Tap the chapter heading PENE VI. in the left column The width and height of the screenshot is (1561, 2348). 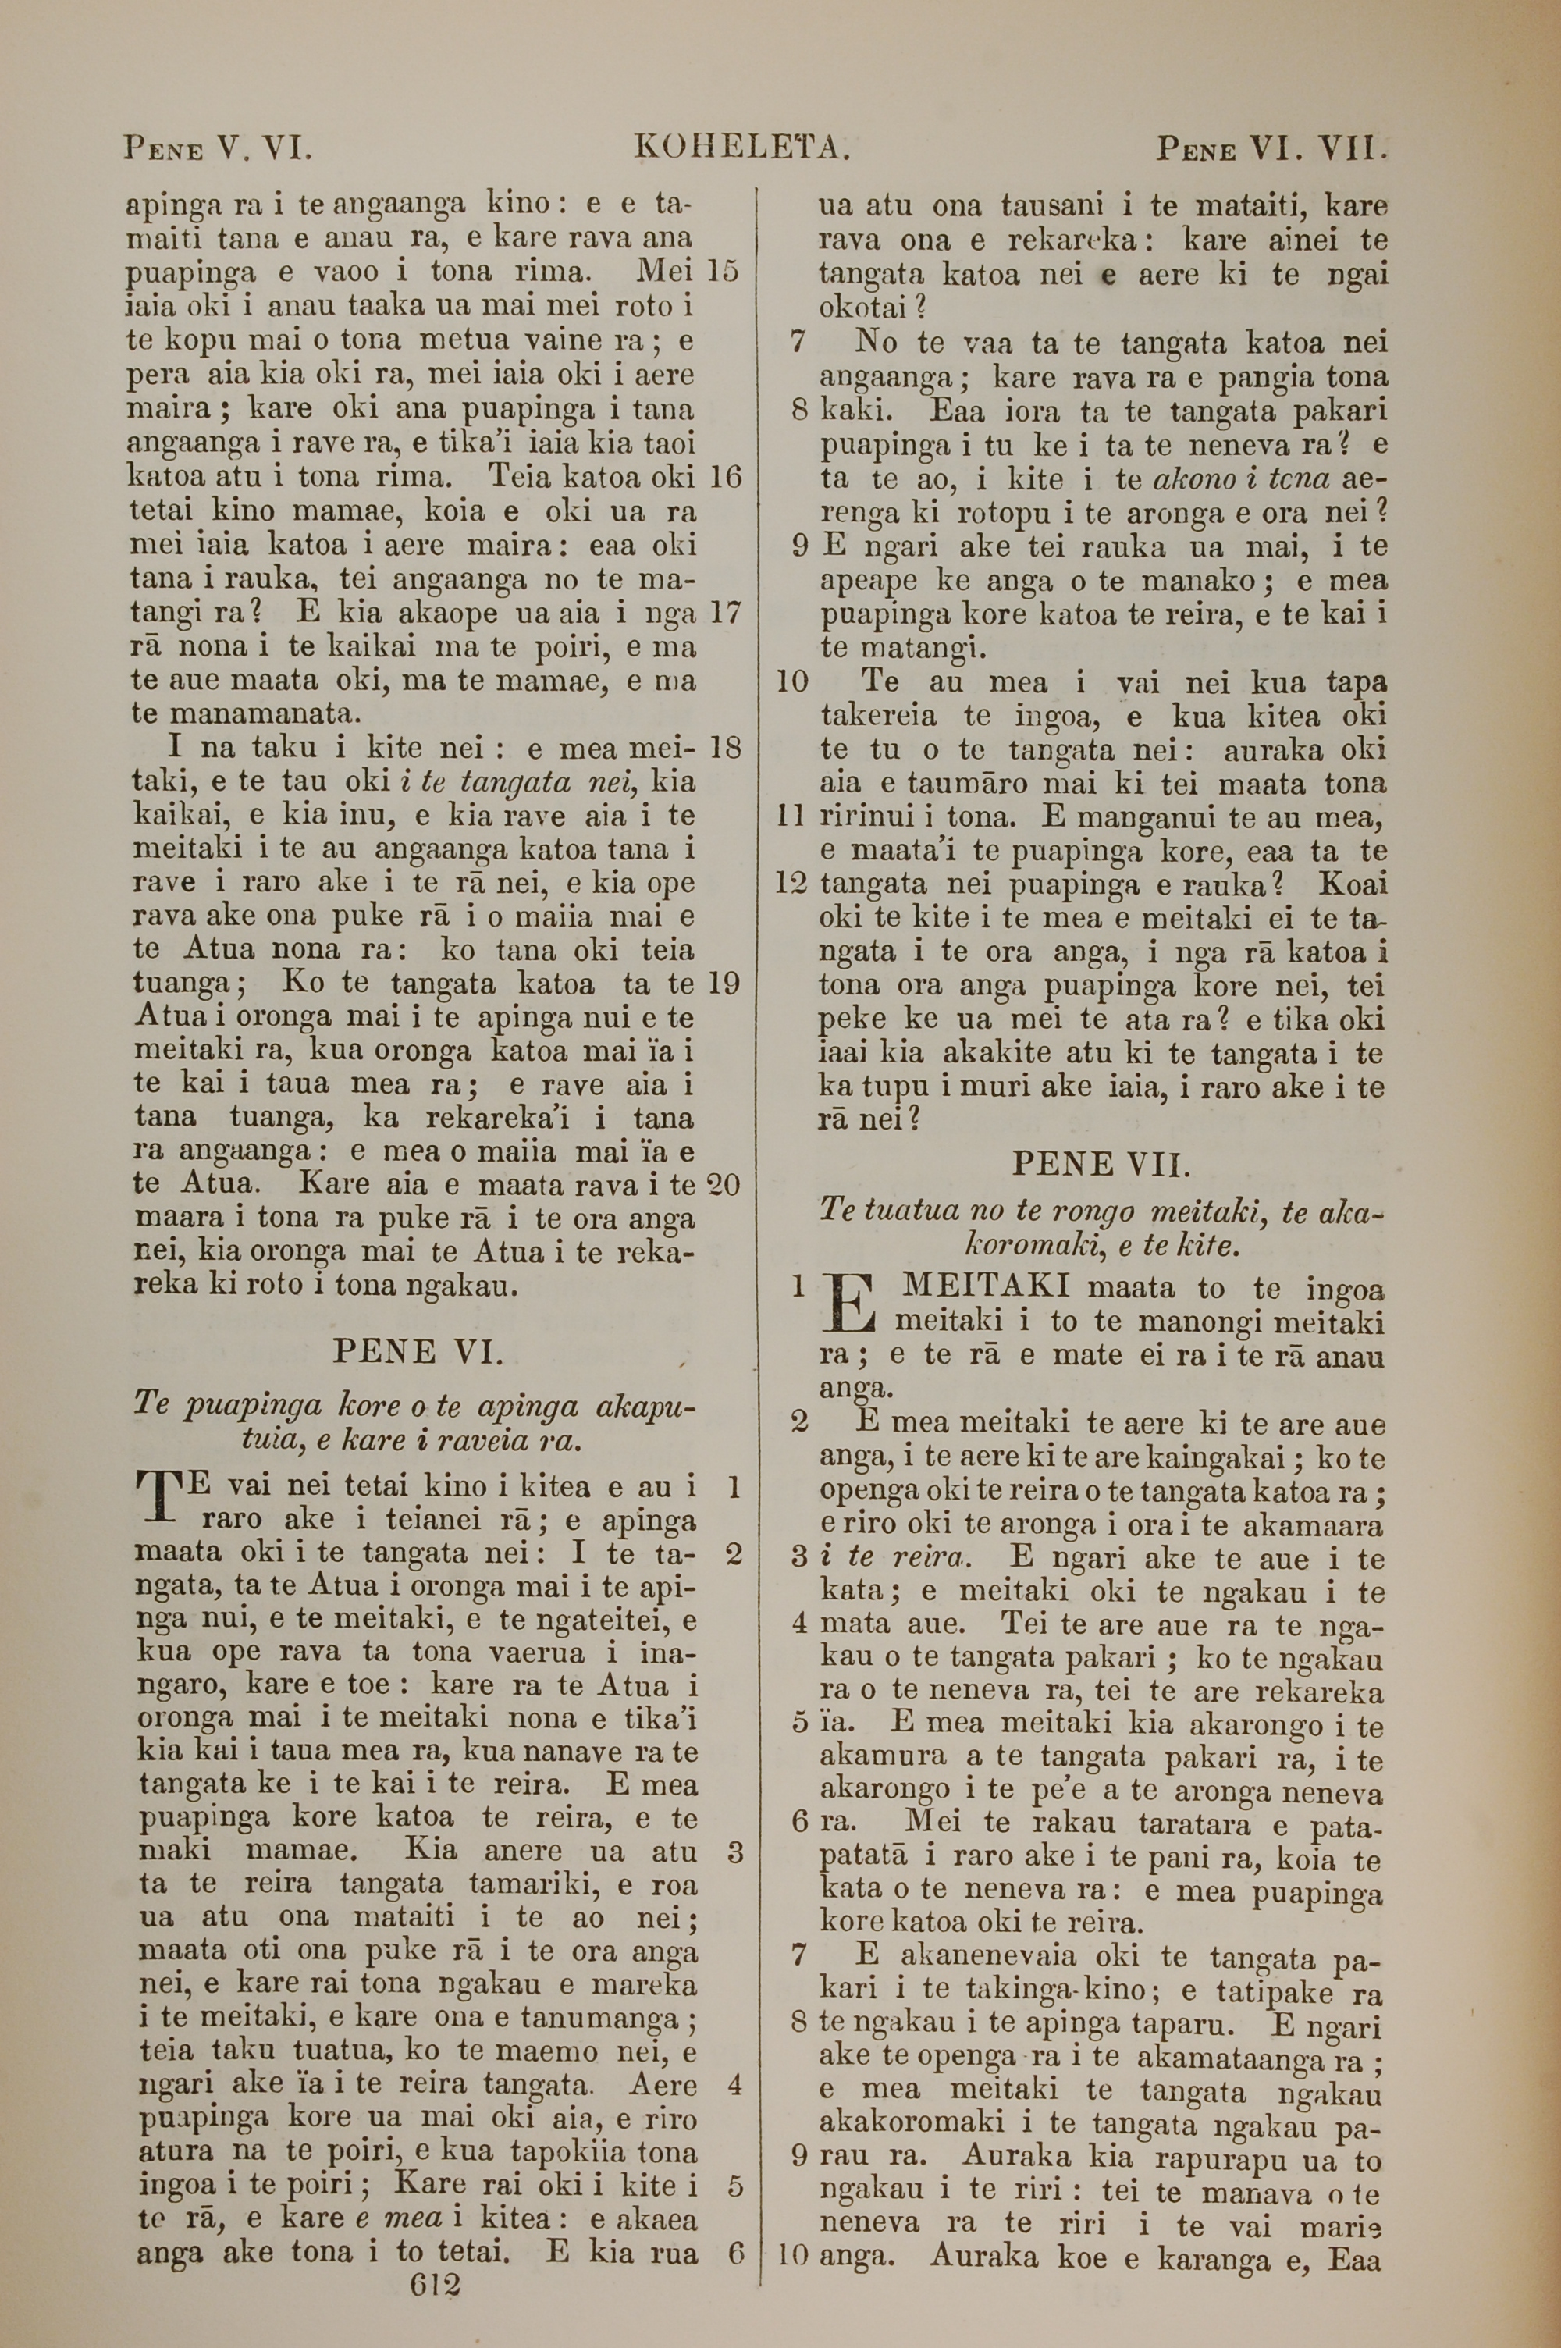pyautogui.click(x=418, y=1352)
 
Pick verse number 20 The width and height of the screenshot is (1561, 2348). pyautogui.click(x=723, y=1184)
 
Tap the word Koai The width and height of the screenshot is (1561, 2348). pyautogui.click(x=1353, y=884)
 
